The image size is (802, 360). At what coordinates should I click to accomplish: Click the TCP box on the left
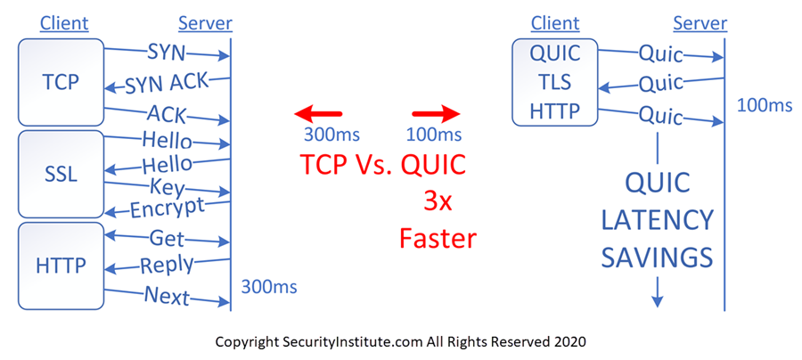61,82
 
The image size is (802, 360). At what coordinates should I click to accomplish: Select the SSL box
61,175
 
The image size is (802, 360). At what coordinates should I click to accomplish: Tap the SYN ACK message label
167,84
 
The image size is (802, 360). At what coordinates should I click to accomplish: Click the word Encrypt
167,207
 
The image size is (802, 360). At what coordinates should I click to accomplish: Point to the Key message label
167,188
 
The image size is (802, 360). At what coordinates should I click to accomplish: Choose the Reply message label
167,265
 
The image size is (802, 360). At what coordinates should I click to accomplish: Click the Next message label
167,295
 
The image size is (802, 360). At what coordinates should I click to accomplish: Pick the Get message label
167,238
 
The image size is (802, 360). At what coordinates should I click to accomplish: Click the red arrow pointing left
317,114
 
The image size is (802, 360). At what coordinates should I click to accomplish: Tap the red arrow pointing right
437,114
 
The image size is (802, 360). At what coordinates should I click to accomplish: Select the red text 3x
438,202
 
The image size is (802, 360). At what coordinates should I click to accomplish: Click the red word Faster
438,238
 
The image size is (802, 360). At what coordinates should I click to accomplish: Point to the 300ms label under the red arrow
332,135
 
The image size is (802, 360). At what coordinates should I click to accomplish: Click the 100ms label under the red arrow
434,135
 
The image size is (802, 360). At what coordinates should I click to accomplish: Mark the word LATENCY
657,220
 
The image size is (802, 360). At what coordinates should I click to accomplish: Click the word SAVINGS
657,258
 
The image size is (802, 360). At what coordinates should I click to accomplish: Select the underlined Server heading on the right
700,23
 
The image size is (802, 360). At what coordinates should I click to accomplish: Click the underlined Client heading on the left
64,23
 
